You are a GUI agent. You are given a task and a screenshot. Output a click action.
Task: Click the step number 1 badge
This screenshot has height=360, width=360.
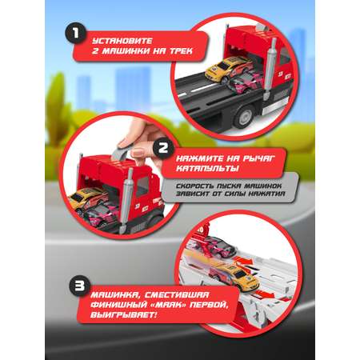coord(76,34)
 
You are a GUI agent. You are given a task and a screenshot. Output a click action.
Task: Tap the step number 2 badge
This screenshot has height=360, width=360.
coord(162,149)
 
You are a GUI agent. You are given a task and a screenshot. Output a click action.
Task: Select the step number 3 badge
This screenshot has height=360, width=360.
coord(80,286)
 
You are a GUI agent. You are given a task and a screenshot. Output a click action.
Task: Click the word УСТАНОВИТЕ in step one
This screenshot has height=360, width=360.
coord(122,41)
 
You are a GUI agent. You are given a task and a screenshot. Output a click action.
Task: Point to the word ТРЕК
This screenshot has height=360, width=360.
coord(181,51)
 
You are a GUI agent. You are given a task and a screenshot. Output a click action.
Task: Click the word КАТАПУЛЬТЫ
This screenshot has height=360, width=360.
coord(207,169)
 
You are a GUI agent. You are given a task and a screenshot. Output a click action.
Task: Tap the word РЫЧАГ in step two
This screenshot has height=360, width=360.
coord(258,158)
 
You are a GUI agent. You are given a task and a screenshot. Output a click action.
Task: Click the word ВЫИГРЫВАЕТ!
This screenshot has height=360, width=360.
coord(124,315)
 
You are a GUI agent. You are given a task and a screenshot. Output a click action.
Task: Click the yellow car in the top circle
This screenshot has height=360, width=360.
coord(228,69)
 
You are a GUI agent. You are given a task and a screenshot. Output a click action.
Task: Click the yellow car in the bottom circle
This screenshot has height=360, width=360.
coord(234,275)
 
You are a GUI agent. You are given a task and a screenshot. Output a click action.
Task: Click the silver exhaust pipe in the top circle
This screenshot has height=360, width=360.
coord(271,70)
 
